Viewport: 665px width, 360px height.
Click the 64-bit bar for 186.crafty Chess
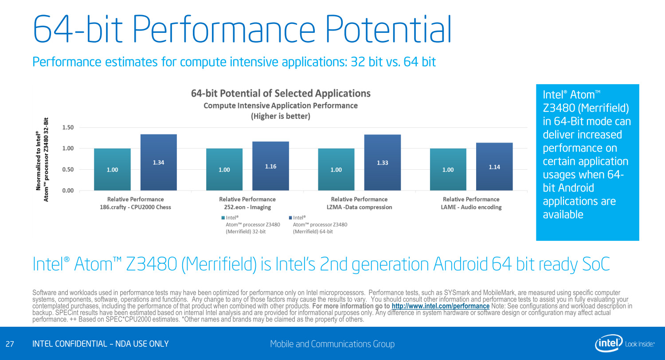[x=158, y=162]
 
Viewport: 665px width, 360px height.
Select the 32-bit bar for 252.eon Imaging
[x=224, y=169]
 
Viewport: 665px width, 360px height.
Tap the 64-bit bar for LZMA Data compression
[x=382, y=162]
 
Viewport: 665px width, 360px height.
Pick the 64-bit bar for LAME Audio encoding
[x=494, y=167]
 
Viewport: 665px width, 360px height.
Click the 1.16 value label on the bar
[x=270, y=166]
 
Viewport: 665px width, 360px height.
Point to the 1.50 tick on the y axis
[x=67, y=127]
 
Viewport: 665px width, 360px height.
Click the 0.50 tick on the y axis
[x=67, y=169]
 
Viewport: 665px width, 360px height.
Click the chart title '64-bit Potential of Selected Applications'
[x=281, y=94]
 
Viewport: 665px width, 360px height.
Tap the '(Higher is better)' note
[x=281, y=116]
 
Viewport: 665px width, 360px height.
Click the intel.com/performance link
[x=441, y=306]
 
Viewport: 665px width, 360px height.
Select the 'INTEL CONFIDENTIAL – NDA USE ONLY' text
[x=101, y=344]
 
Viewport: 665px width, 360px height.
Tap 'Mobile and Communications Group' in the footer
[x=332, y=344]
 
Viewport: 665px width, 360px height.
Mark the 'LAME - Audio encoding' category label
[x=471, y=207]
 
